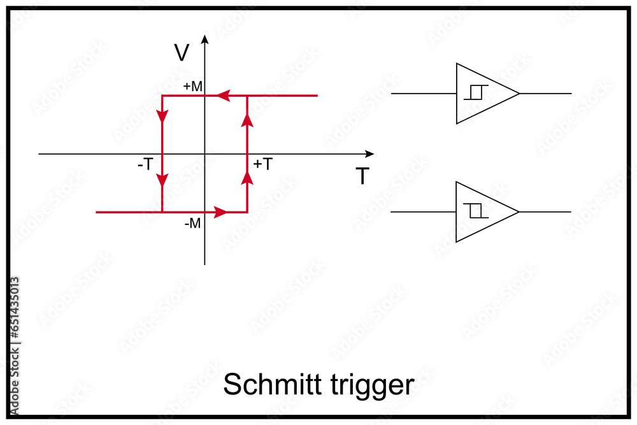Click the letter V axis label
point(182,53)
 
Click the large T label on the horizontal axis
point(362,176)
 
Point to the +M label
point(192,86)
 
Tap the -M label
point(192,224)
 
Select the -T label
point(145,164)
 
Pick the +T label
point(263,164)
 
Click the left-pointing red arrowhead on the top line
point(222,96)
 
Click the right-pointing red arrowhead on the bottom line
point(220,212)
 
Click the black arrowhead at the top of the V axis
point(204,39)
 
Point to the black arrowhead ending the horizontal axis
point(369,154)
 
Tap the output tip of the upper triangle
point(519,94)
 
